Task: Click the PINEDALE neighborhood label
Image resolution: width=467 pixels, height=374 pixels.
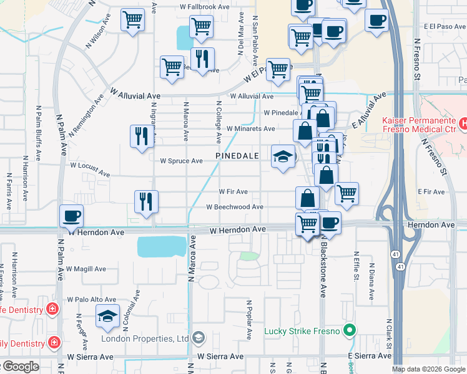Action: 238,155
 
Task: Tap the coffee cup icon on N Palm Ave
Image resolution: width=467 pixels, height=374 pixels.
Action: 71,216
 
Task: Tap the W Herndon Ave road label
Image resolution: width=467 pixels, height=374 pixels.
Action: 238,230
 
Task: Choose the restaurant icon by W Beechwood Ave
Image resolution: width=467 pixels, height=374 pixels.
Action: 146,201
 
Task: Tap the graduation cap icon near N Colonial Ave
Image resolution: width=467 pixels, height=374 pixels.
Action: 108,317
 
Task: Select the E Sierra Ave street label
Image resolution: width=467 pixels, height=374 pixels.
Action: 369,355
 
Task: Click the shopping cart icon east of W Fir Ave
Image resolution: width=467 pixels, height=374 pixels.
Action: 347,193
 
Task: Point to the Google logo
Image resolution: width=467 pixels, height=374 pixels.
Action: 20,367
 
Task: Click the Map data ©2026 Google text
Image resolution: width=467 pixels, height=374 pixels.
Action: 429,369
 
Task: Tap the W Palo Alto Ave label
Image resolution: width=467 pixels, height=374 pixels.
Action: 92,299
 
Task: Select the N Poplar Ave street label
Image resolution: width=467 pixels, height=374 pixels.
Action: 248,320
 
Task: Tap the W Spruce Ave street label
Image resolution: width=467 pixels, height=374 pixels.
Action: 181,161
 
